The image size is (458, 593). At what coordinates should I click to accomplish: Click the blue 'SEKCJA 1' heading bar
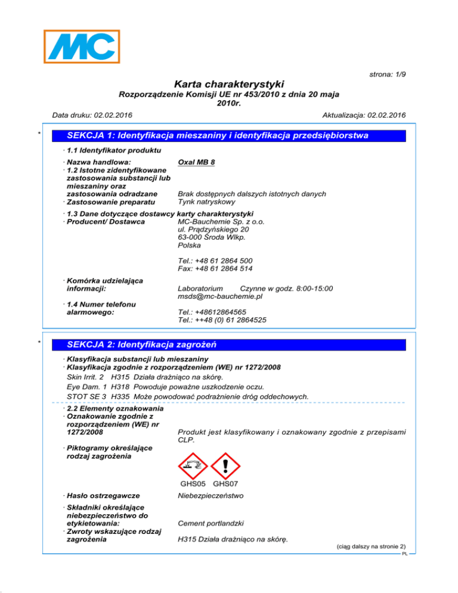[x=219, y=136]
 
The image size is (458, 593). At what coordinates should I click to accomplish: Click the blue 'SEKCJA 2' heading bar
[x=219, y=345]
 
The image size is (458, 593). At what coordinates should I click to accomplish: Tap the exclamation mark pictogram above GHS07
[x=225, y=464]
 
